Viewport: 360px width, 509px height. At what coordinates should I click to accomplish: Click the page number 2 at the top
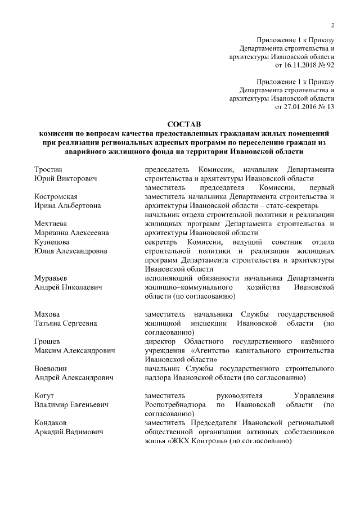pos(333,25)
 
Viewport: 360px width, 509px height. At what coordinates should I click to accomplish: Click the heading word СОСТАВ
pos(184,124)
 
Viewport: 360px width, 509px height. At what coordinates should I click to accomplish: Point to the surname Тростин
pos(48,170)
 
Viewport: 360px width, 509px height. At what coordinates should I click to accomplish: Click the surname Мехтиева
pos(51,223)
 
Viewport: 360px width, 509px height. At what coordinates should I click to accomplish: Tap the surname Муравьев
pos(52,278)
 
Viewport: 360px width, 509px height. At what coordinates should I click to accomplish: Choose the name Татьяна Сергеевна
pos(65,323)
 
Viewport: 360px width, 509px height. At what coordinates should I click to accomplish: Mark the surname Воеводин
pos(52,368)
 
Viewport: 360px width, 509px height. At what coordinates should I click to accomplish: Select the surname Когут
pos(44,396)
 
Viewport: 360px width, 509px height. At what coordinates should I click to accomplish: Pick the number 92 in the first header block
pos(330,65)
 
